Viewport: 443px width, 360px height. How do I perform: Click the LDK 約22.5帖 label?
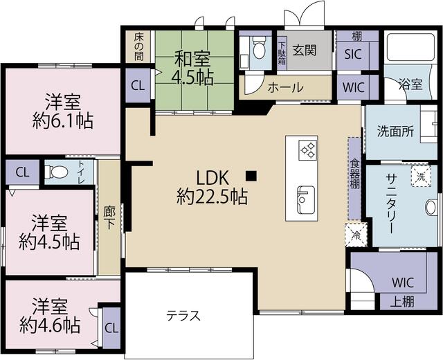[x=213, y=188]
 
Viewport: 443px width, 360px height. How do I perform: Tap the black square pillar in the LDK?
[x=251, y=176]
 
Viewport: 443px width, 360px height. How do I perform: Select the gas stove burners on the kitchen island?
[x=307, y=150]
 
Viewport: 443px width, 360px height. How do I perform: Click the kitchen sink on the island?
[x=305, y=200]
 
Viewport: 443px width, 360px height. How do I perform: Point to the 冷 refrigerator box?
[x=356, y=235]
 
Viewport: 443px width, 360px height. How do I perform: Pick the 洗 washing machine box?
[x=422, y=177]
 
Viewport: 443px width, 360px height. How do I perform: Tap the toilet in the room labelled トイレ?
[x=56, y=172]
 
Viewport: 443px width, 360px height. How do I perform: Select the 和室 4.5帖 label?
[x=192, y=68]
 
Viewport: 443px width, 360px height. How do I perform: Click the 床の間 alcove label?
[x=138, y=47]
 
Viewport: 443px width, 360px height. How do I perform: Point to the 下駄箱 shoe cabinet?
[x=282, y=53]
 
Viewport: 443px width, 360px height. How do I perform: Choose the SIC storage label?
[x=353, y=54]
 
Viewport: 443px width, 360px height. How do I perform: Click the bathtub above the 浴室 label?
[x=410, y=47]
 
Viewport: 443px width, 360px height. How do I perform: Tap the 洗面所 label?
[x=395, y=132]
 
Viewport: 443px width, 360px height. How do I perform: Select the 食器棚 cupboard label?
[x=354, y=173]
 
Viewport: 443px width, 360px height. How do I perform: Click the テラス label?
[x=183, y=316]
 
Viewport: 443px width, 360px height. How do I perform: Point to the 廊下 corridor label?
[x=109, y=217]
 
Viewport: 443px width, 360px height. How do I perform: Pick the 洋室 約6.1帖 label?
[x=63, y=111]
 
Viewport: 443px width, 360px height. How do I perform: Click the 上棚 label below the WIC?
[x=402, y=302]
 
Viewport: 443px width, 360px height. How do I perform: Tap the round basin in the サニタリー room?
[x=431, y=208]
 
